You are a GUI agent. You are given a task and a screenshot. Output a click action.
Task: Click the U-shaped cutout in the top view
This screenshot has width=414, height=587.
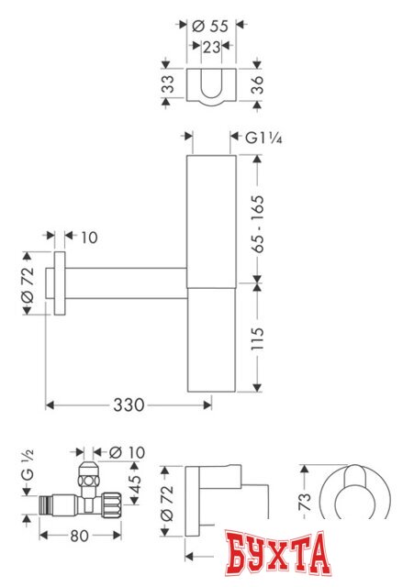point(212,83)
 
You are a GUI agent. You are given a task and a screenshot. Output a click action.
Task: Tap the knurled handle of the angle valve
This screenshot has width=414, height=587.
point(111,503)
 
